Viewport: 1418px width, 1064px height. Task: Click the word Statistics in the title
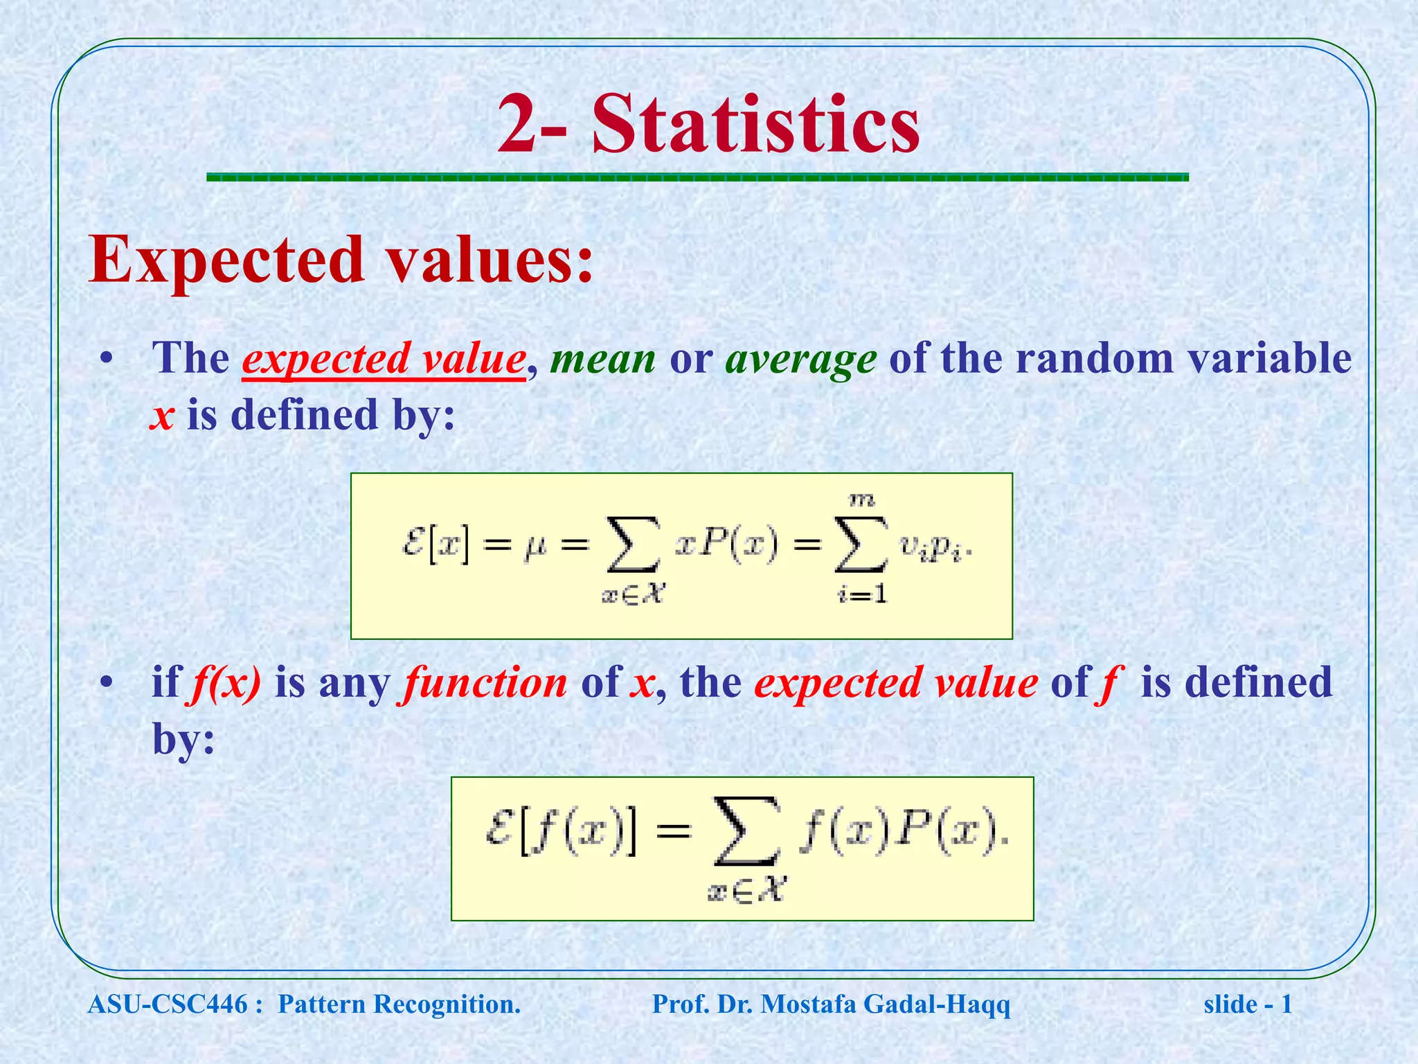(x=756, y=125)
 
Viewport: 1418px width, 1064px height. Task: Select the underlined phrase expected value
(x=384, y=359)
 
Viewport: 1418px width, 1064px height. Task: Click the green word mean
(x=602, y=359)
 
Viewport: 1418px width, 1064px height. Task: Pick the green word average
(x=800, y=360)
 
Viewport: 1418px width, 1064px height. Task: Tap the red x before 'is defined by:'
(x=161, y=416)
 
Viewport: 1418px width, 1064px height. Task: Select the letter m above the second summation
(x=861, y=499)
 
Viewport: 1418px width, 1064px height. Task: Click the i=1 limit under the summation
(x=862, y=594)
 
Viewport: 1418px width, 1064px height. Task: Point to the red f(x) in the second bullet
(x=224, y=683)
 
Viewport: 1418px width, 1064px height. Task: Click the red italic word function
(x=485, y=683)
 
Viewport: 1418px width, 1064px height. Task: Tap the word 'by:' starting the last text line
(x=183, y=740)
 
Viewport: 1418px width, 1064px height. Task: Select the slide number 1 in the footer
(x=1286, y=1004)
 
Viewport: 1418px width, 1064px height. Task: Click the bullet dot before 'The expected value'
(x=105, y=359)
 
